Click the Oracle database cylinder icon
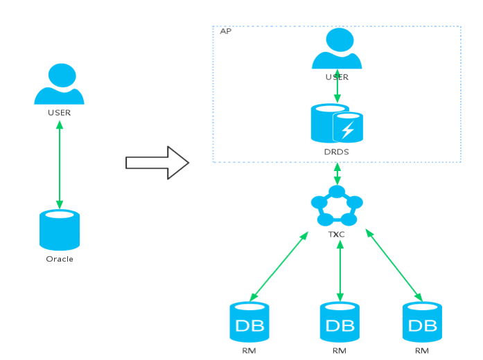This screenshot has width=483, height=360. coord(60,230)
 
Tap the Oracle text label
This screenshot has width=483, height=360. coord(60,259)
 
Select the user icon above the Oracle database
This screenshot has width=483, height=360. coord(59,84)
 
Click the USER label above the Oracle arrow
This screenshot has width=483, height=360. coord(59,113)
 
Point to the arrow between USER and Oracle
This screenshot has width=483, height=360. coord(60,165)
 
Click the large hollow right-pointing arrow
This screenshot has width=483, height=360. coord(157,163)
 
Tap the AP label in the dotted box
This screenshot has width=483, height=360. coord(225,31)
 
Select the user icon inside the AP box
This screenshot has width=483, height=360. coord(337,48)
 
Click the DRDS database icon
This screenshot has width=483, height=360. coord(337,123)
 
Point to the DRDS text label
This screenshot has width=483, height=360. coord(336,152)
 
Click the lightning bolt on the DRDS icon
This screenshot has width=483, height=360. coord(348,129)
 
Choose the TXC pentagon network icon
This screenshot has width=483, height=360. coord(337,205)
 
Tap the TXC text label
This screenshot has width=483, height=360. coord(336,235)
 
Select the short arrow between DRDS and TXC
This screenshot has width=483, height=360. coord(337,174)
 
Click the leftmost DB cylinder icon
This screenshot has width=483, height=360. coord(249,322)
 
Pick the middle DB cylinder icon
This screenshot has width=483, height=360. coord(340,322)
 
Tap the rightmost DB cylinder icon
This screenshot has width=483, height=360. coord(422,322)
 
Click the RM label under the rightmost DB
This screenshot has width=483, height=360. coord(422,351)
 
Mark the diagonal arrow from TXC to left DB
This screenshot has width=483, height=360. coord(279,267)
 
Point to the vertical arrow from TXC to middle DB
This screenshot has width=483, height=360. coord(340,271)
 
